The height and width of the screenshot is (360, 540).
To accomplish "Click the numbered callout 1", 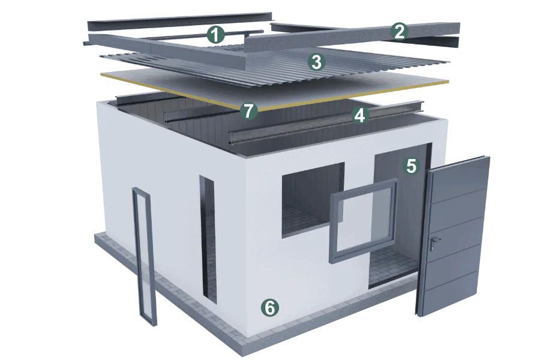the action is (x=215, y=35).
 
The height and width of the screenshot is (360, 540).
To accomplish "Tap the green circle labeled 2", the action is (x=399, y=32).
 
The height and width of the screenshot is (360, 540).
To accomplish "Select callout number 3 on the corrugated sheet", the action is (x=316, y=62).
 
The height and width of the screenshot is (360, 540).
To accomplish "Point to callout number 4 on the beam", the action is (x=359, y=115).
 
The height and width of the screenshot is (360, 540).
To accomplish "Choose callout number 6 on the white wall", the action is (x=270, y=307).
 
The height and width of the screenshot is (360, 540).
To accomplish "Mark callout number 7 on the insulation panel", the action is (x=248, y=111).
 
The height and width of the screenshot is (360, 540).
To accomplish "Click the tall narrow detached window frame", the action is (x=144, y=257).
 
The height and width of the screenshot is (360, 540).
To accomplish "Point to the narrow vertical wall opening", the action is (x=208, y=239).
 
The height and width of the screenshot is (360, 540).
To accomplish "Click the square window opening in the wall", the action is (x=313, y=200).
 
